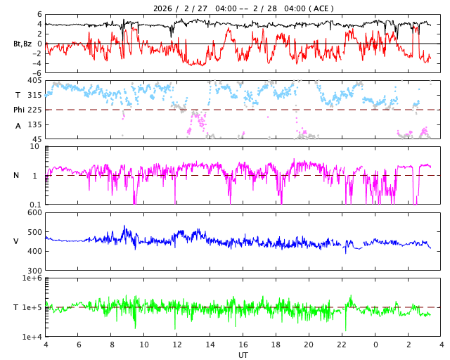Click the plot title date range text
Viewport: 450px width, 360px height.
[x=243, y=8]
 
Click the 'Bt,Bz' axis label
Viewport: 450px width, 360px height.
[x=22, y=44]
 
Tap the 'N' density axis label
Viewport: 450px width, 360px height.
[x=17, y=175]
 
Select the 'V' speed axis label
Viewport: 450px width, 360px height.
[x=16, y=241]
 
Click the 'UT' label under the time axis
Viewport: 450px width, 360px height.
[x=243, y=355]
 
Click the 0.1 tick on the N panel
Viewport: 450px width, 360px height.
[x=34, y=205]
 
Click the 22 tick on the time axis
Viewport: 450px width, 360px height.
[x=342, y=345]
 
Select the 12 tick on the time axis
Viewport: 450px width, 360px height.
[x=177, y=345]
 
